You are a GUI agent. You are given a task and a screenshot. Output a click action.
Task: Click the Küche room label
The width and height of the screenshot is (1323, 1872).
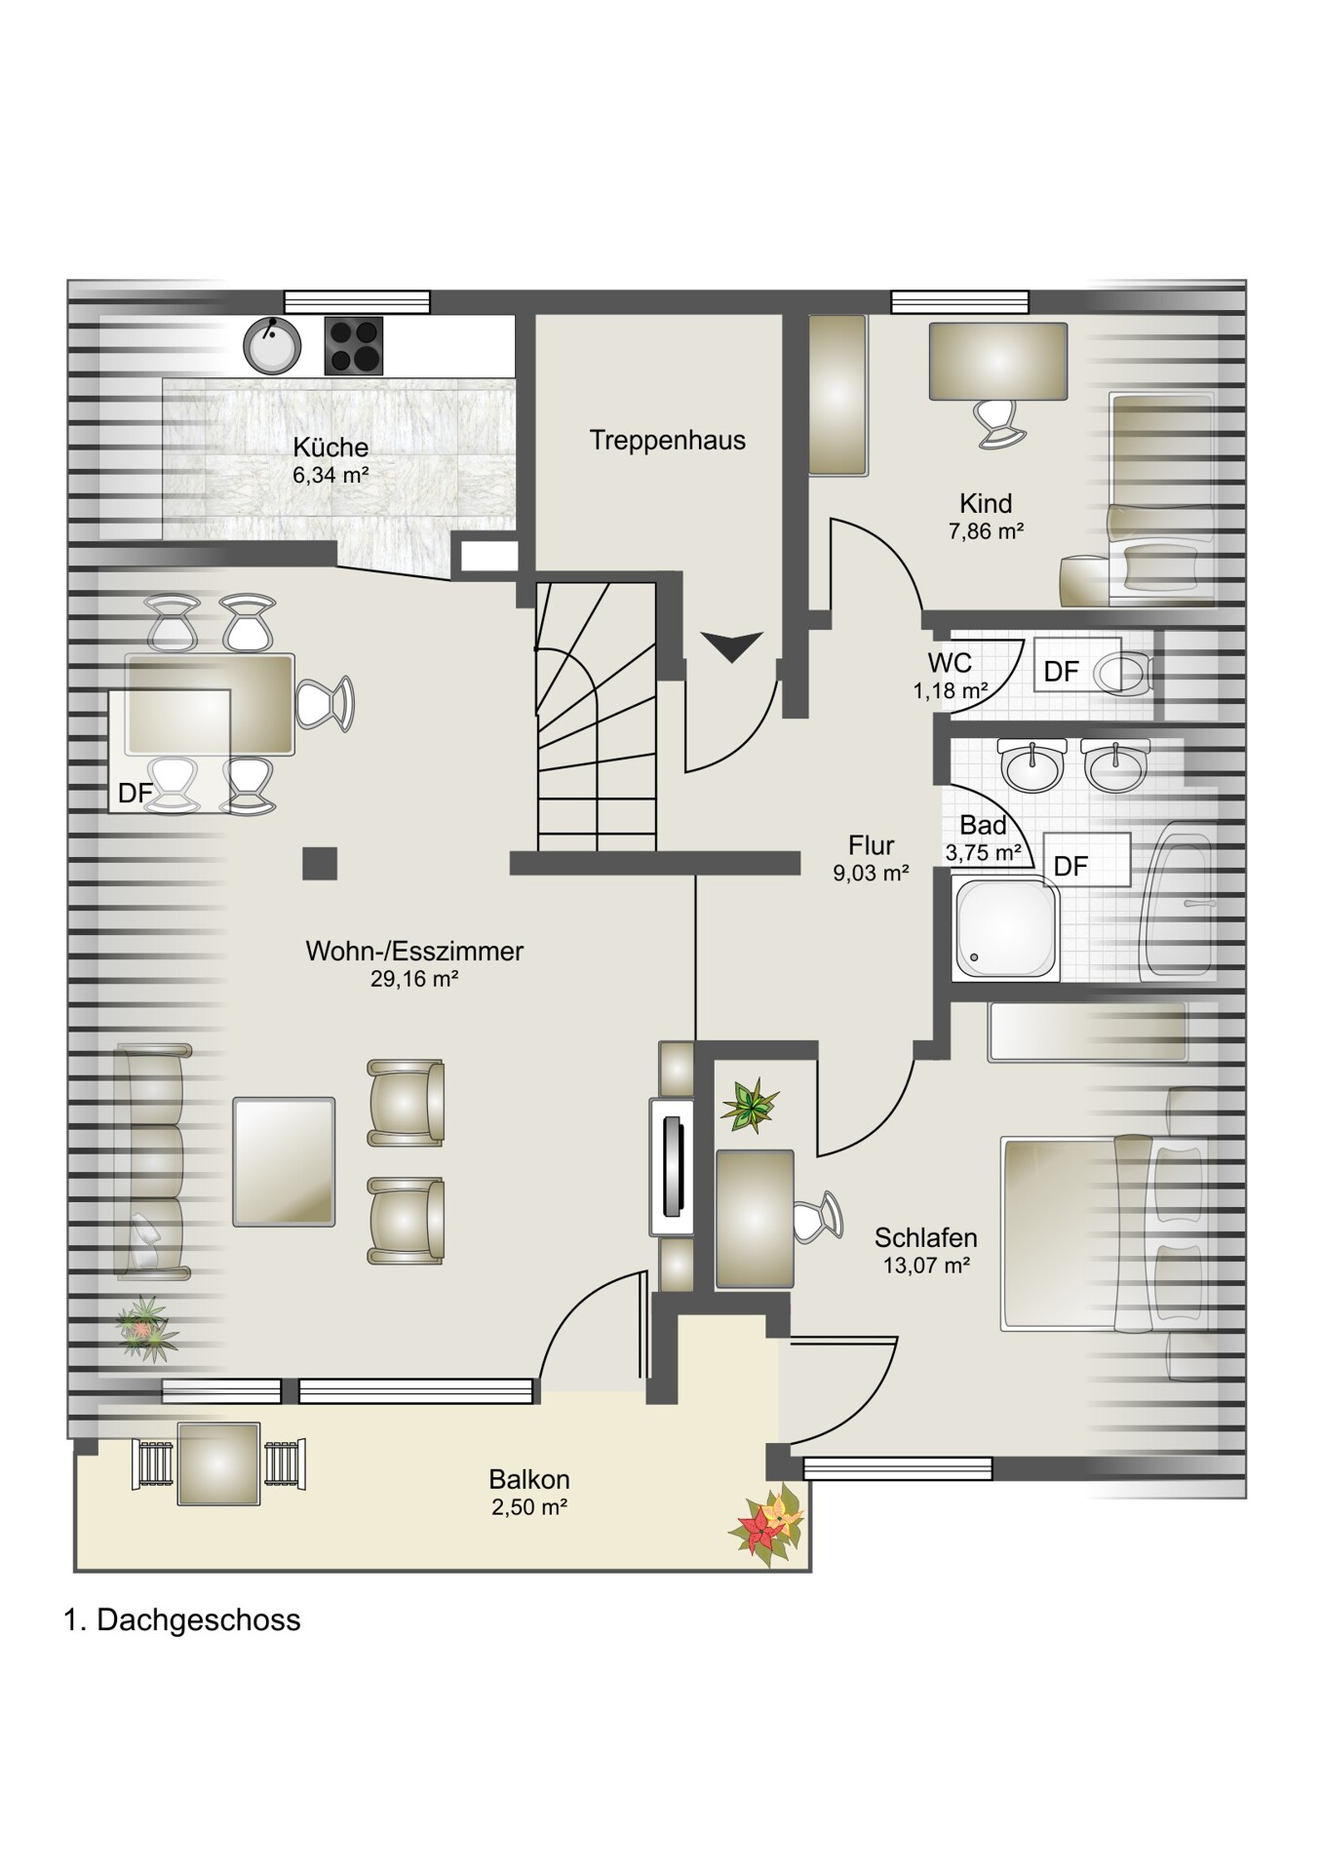click(331, 448)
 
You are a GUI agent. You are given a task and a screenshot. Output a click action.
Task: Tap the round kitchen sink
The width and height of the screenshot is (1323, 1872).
click(271, 347)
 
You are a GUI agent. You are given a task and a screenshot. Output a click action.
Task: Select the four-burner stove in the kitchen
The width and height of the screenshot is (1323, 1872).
click(353, 346)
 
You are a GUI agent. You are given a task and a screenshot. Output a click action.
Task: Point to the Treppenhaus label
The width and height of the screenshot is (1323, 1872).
click(668, 440)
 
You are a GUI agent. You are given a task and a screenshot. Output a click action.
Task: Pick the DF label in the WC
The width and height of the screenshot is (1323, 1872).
click(1061, 672)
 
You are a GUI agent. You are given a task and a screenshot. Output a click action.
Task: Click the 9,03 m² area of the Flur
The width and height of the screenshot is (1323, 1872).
click(871, 874)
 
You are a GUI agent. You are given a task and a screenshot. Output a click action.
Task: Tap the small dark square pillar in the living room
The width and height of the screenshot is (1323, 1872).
click(320, 864)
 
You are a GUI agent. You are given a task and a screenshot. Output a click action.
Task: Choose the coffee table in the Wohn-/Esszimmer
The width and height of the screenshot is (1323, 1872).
click(284, 1161)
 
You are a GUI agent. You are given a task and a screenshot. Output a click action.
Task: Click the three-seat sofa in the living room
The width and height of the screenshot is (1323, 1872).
click(153, 1161)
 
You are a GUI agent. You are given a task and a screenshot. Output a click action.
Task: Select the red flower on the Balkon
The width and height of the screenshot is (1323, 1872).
click(762, 1528)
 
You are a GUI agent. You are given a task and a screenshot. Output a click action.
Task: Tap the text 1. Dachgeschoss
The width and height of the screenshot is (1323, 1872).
click(181, 1620)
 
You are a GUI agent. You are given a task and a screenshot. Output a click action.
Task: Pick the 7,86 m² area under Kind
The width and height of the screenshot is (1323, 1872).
click(986, 531)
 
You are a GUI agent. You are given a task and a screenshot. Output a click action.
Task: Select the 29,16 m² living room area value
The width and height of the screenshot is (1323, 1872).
click(414, 979)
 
